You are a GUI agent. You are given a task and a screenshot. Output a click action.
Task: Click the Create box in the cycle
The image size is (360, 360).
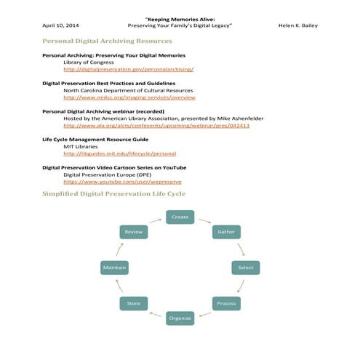(180, 217)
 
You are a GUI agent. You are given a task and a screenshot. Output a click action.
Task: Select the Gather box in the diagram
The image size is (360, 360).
(225, 232)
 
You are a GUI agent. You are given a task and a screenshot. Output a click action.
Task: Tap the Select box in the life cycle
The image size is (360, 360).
(245, 268)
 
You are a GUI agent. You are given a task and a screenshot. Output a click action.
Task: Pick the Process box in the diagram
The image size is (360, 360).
(225, 303)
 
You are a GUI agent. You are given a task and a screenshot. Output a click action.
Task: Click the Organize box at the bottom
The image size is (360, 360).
(180, 318)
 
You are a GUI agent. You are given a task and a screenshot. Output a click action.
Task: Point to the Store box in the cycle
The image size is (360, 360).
(134, 303)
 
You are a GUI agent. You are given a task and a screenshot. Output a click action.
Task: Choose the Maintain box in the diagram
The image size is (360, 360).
(115, 268)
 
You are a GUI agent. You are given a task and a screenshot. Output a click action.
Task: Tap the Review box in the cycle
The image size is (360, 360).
(134, 232)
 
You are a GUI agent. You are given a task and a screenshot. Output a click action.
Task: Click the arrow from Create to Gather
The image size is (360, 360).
(205, 220)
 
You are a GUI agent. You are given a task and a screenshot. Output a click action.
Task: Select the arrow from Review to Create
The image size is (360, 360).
(155, 220)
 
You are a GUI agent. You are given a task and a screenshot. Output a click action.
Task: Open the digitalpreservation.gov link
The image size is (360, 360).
(128, 69)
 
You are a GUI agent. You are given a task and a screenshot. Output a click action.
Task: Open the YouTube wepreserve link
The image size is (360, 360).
(122, 181)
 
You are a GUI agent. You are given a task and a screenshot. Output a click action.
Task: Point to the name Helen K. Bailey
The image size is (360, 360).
(298, 25)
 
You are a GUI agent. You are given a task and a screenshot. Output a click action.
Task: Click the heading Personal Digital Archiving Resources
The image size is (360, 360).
(107, 41)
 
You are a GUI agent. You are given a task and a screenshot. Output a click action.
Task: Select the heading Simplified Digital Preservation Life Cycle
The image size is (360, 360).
(113, 194)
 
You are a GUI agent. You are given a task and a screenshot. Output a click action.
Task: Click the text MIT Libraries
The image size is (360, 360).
(81, 146)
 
